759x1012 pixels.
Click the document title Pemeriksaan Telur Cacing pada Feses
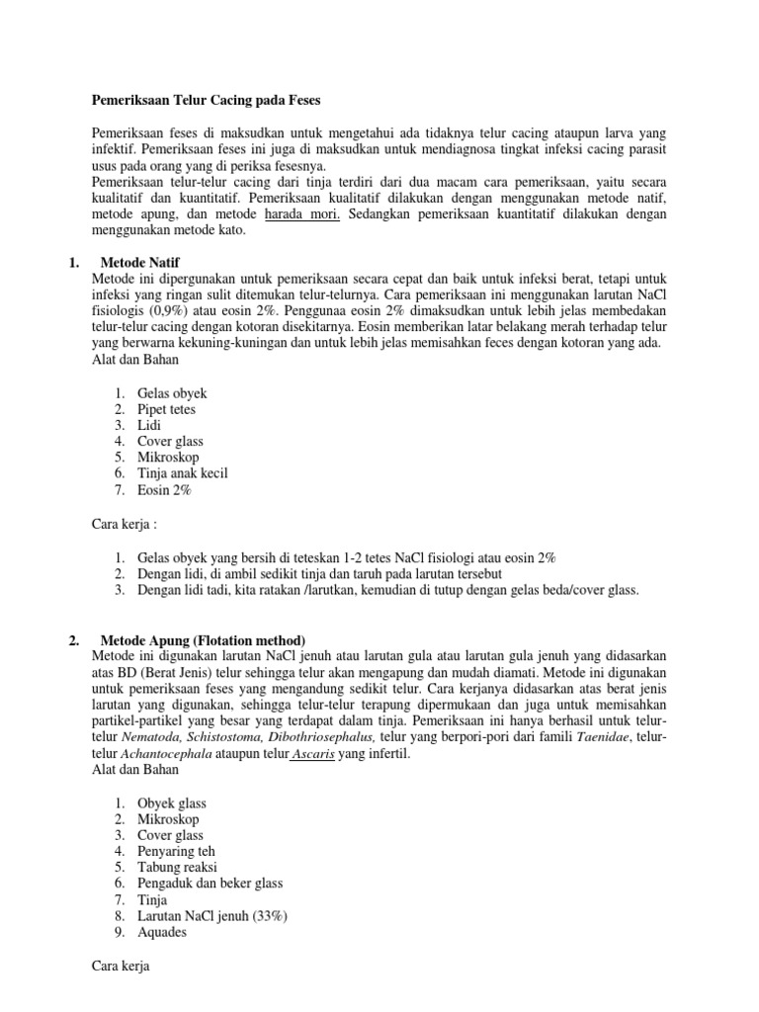pos(206,101)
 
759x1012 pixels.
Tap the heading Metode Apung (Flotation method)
pos(204,639)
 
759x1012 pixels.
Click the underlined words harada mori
pos(298,215)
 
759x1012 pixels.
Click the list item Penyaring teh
pos(176,851)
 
